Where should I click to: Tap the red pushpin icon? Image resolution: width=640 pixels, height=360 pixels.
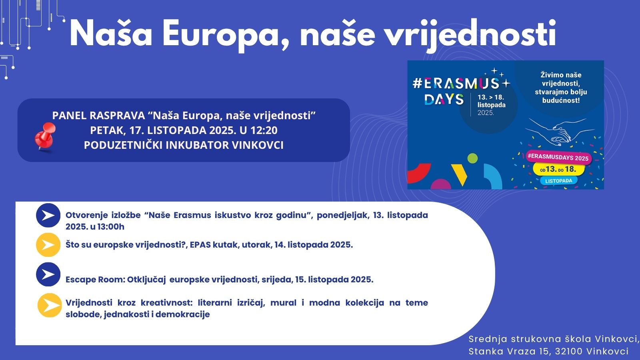coord(45,136)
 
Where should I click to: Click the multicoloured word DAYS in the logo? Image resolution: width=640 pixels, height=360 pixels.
coord(444,99)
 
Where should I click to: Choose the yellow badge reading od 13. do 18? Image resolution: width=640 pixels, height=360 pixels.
coord(558,170)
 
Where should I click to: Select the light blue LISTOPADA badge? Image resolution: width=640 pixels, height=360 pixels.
coord(558,181)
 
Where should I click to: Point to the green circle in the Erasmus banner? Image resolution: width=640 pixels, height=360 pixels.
coord(472,158)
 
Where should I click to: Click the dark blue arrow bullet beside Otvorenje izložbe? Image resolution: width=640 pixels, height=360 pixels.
coord(48,215)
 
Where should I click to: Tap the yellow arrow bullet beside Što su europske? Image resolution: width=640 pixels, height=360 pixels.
coord(48,245)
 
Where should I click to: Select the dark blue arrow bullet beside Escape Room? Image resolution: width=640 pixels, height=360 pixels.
coord(48,274)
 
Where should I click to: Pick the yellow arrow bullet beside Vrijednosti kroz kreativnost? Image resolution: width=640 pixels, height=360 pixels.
coord(50,305)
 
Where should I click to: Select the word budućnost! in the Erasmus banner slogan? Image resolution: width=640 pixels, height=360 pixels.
coord(561,100)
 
